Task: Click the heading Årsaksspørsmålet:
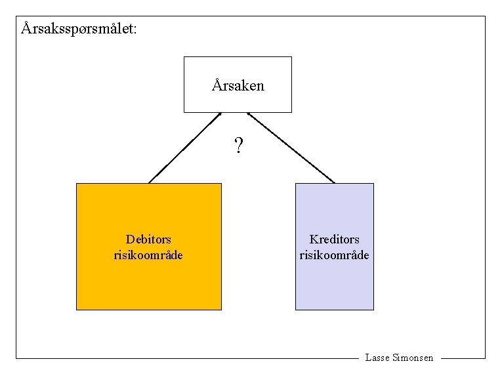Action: pos(79,29)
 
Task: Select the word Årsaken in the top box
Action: pos(238,85)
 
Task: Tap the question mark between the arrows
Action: pos(238,146)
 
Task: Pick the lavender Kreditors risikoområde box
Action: pos(334,282)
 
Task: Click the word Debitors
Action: pos(148,239)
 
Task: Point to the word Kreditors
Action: pos(334,239)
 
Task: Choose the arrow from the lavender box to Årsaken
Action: pos(291,148)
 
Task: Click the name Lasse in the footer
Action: pos(377,358)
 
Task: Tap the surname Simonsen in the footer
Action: pos(413,358)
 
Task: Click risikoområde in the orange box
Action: pos(148,255)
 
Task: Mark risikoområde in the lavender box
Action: pos(334,255)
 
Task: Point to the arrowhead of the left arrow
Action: pos(220,114)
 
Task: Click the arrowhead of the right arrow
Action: pos(249,115)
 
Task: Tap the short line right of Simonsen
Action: pos(463,358)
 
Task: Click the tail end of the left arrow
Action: pos(150,182)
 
